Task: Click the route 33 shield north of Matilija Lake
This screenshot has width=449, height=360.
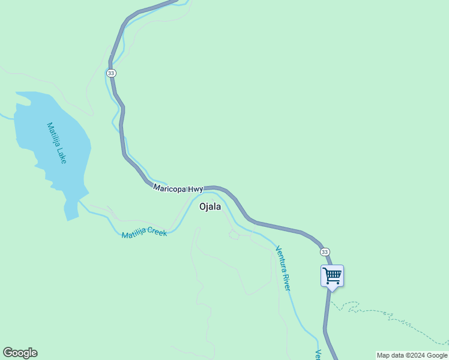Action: [111, 73]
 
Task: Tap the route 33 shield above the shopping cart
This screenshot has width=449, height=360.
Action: [325, 251]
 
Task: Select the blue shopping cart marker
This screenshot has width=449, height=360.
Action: [332, 276]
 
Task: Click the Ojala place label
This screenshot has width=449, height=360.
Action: [210, 206]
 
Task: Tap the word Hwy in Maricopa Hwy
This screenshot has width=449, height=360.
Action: [196, 189]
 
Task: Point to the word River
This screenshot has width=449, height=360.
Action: [287, 282]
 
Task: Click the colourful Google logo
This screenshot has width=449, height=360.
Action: [20, 353]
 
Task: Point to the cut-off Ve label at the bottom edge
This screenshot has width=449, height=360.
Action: [319, 355]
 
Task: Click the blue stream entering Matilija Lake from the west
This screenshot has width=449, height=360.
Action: [6, 116]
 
